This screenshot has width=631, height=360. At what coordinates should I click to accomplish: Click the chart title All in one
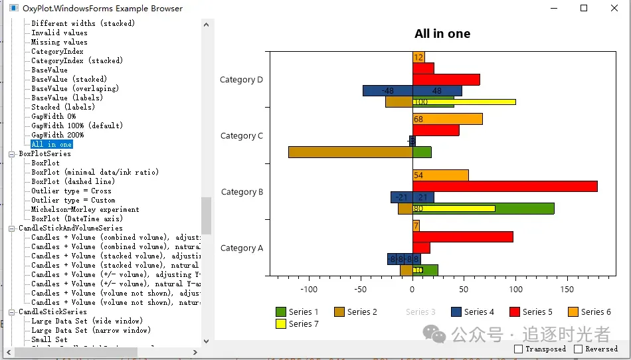[x=442, y=34]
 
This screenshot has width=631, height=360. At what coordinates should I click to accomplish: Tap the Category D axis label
[x=241, y=80]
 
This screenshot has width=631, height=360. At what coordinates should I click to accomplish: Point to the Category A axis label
[x=241, y=248]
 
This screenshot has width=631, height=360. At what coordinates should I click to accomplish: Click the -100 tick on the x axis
[x=309, y=290]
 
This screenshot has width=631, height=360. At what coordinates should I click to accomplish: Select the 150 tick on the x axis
[x=567, y=290]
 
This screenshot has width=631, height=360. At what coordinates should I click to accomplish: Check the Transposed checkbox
[x=519, y=349]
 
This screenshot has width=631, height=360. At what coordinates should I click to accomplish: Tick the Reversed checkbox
[x=579, y=349]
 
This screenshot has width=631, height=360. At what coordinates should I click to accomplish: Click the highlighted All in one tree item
[x=52, y=144]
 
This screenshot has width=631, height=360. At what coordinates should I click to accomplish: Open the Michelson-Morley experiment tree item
[x=85, y=209]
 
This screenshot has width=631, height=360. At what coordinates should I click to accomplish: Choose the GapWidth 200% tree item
[x=58, y=135]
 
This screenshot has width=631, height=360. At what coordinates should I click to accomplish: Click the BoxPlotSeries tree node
[x=45, y=153]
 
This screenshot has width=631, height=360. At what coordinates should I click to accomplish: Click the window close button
[x=614, y=8]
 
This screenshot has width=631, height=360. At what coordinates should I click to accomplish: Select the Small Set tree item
[x=49, y=339]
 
